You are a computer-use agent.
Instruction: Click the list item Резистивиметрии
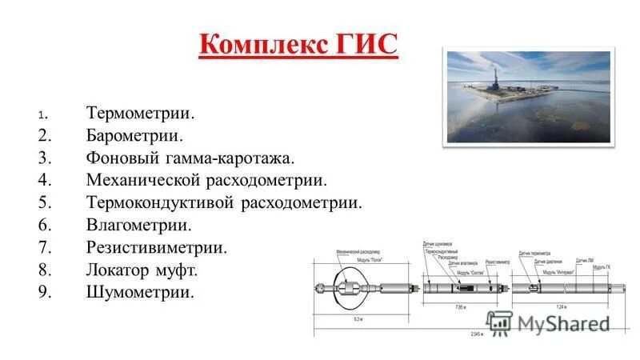[156, 249]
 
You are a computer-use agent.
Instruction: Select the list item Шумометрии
[139, 293]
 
